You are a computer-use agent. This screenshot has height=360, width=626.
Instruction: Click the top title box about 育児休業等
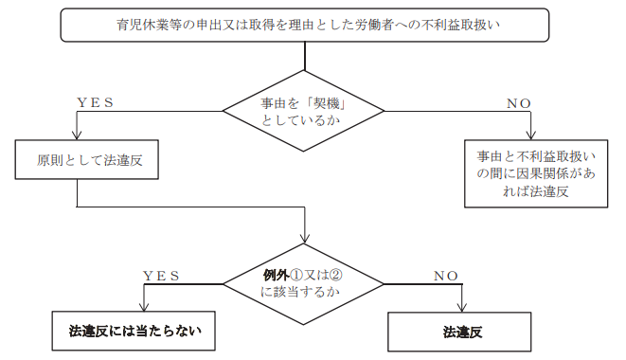(305, 25)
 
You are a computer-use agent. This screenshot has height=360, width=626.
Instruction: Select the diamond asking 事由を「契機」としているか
(303, 111)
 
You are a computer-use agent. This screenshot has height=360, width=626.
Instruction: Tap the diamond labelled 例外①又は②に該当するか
(303, 284)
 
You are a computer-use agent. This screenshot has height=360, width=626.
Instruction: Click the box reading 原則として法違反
(86, 159)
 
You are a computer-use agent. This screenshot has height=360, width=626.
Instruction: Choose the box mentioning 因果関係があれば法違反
(536, 173)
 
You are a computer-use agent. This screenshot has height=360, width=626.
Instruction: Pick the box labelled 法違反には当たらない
(134, 332)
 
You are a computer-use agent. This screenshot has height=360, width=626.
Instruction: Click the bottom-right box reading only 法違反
(459, 332)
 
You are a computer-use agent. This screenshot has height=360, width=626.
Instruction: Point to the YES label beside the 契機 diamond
(95, 102)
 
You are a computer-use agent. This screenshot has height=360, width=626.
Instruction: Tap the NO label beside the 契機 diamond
(519, 103)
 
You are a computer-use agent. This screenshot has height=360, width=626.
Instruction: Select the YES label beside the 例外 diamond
(161, 276)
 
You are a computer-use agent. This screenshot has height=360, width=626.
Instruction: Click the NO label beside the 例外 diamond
(445, 276)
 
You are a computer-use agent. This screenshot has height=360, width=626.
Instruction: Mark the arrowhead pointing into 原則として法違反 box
(77, 135)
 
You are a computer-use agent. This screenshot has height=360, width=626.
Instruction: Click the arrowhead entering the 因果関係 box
(530, 135)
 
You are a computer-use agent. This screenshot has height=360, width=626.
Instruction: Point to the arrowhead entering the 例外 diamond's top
(305, 238)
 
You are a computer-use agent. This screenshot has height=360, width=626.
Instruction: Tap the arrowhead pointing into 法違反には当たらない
(144, 306)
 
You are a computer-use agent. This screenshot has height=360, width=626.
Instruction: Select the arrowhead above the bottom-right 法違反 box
(462, 307)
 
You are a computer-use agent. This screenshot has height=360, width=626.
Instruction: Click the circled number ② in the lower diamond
(336, 275)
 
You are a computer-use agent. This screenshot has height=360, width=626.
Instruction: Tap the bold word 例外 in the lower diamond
(276, 275)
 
